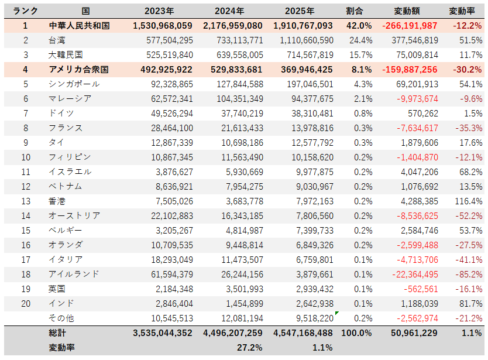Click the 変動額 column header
415,11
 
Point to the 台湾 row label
57,40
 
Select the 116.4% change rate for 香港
468,201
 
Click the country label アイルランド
74,274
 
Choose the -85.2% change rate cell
468,274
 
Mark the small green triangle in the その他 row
336,314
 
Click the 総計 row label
58,332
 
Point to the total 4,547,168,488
303,332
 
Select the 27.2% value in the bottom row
250,347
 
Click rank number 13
25,201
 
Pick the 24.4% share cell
360,40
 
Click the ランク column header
25,11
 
